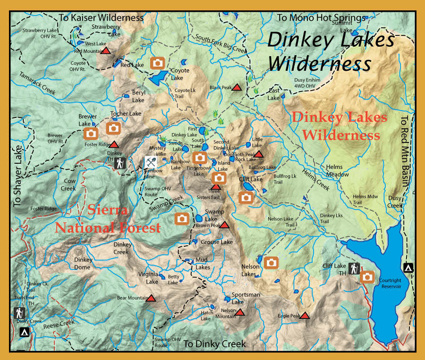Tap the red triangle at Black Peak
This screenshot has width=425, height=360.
click(237, 87)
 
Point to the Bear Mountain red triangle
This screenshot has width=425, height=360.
click(151, 298)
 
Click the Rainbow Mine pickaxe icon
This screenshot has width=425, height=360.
click(150, 162)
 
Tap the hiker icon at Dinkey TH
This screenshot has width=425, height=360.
click(120, 163)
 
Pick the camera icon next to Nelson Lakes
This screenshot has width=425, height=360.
click(271, 263)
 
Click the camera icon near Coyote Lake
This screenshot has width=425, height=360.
click(157, 63)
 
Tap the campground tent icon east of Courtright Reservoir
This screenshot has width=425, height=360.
click(408, 268)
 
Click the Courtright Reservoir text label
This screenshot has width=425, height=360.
click(390, 284)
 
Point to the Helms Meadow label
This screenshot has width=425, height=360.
click(337, 171)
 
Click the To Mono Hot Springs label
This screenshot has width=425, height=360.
click(321, 18)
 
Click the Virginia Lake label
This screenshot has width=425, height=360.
click(148, 278)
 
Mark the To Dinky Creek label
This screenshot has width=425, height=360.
click(215, 344)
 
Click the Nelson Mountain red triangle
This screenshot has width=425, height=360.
click(240, 312)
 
